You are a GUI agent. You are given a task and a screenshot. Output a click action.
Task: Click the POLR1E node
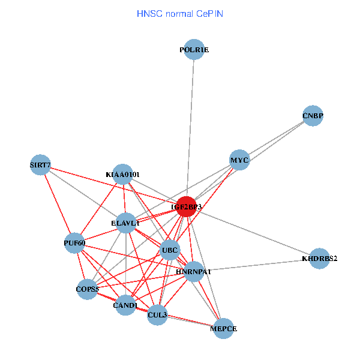click(x=194, y=50)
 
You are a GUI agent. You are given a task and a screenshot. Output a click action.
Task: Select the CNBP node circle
click(x=313, y=116)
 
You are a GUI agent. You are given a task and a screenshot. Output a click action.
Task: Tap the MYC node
click(x=239, y=160)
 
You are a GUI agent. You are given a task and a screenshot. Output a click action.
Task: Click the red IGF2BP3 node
click(x=186, y=206)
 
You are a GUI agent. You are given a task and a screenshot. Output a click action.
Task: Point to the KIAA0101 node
click(x=122, y=174)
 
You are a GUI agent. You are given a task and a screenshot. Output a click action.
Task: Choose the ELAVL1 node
click(x=125, y=223)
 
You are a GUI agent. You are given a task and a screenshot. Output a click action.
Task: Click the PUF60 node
click(x=75, y=243)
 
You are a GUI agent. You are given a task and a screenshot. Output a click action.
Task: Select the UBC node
click(x=170, y=250)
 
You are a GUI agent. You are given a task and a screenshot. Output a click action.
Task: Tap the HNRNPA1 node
click(x=194, y=271)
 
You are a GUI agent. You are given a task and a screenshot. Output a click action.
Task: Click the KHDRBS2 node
click(x=320, y=259)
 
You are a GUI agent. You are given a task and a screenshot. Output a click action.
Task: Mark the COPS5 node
click(x=87, y=289)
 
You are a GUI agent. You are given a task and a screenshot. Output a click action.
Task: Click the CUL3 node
click(x=157, y=314)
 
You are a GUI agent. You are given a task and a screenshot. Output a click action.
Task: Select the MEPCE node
click(x=224, y=328)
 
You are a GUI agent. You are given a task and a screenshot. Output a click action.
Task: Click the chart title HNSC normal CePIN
click(x=180, y=13)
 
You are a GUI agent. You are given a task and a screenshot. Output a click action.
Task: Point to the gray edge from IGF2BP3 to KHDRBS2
click(x=252, y=232)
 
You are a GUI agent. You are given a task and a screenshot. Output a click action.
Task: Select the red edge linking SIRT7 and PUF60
click(x=58, y=204)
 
